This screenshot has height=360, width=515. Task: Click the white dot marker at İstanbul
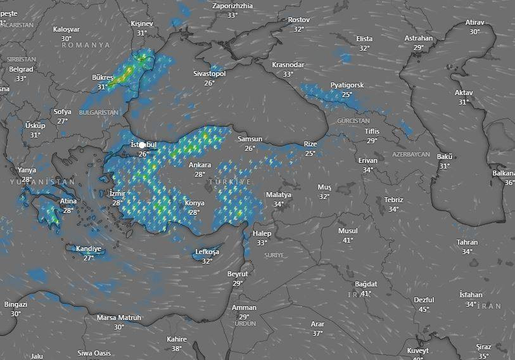143,145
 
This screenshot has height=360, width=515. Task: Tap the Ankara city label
200,165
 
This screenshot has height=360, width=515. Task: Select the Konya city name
194,203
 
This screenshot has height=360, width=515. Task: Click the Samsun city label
250,139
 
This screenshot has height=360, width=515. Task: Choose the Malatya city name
279,195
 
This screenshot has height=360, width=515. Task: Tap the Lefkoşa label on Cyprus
207,252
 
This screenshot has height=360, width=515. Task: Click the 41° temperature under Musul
348,240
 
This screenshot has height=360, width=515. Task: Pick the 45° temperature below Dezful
424,309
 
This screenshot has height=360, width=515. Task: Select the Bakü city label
445,157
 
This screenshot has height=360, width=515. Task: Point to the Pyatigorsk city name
347,86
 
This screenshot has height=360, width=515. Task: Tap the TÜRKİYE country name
231,182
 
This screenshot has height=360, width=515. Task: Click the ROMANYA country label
86,46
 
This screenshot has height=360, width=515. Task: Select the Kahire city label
177,339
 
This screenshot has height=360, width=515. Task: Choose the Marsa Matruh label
119,318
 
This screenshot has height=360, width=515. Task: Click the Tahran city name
467,243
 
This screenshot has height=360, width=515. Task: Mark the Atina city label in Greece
68,202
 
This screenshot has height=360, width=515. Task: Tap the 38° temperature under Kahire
177,348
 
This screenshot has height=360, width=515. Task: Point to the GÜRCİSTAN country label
353,120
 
